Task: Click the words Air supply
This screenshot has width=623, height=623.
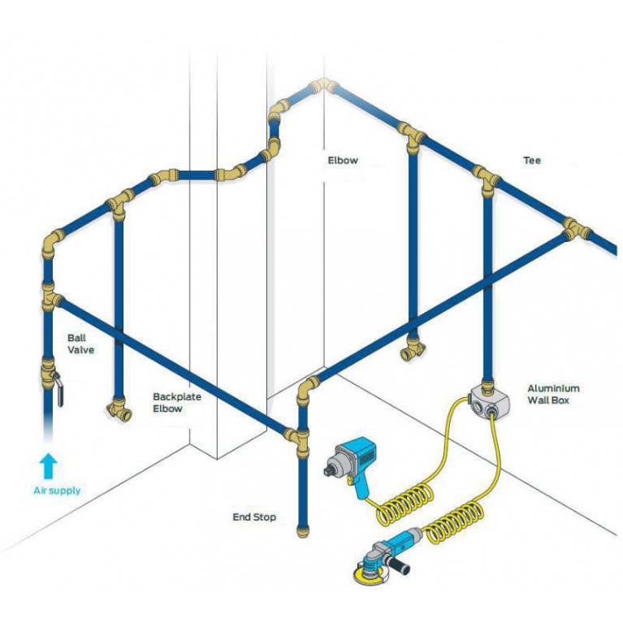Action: click(57, 491)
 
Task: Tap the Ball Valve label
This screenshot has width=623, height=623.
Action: click(81, 343)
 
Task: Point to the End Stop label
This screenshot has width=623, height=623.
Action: click(254, 517)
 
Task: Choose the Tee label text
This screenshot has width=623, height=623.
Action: click(532, 161)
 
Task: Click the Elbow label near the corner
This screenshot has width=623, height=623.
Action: click(342, 161)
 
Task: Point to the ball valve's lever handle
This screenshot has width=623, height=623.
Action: click(61, 387)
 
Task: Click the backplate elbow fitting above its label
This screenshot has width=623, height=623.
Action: click(120, 411)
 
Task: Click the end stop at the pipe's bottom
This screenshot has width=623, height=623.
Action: click(303, 532)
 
